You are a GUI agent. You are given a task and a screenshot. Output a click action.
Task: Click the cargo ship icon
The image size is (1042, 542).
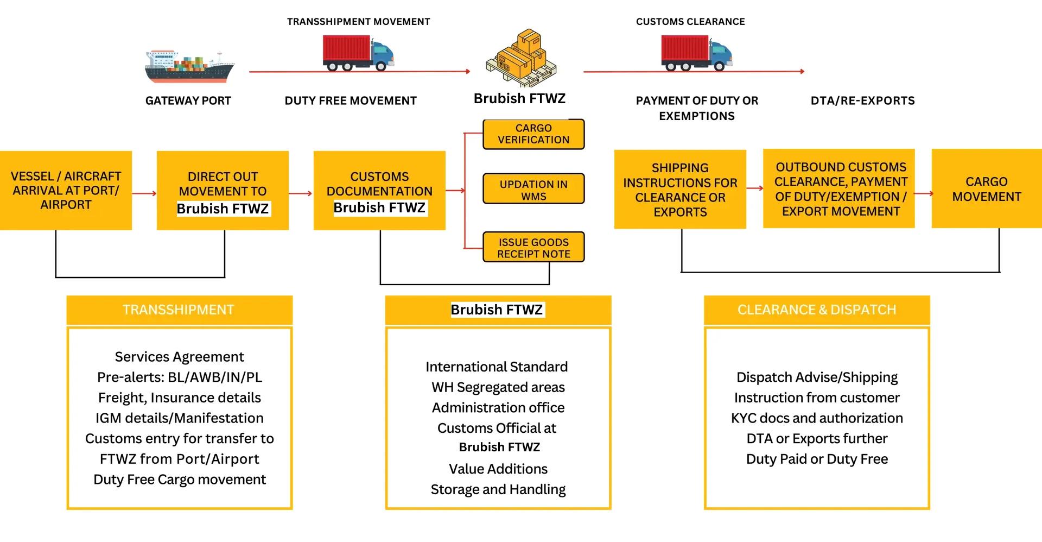click(x=189, y=66)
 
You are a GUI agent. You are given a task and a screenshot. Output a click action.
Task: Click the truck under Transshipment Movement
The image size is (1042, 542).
click(x=358, y=53)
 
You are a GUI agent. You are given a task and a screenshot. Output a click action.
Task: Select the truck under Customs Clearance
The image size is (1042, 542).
click(x=696, y=53)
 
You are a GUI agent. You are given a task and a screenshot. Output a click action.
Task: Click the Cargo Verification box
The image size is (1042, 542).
click(x=533, y=134)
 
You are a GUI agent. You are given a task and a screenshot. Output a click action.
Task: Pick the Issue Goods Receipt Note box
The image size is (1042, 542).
click(x=533, y=248)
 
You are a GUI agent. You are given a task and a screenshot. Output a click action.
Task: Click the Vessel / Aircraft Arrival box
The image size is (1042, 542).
click(x=66, y=191)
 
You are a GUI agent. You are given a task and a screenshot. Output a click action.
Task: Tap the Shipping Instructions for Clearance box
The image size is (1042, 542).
click(x=680, y=190)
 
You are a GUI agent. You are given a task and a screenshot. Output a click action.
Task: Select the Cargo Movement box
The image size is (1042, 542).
click(x=986, y=189)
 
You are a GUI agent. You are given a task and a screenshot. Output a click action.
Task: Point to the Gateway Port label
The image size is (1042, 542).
click(x=188, y=100)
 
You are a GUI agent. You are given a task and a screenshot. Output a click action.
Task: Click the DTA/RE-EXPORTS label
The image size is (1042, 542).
click(x=862, y=100)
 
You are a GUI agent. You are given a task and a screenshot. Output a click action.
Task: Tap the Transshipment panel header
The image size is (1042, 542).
click(x=179, y=310)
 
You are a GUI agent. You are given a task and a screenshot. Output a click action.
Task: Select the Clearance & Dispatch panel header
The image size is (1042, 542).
click(x=817, y=310)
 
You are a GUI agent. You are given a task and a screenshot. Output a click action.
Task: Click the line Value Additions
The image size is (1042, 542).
click(x=498, y=469)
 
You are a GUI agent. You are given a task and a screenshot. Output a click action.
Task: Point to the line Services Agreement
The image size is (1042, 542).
click(x=179, y=357)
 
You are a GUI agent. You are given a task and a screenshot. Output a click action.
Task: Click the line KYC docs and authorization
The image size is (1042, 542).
click(x=817, y=418)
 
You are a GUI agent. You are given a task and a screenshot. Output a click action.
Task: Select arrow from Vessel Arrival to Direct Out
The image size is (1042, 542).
click(x=144, y=193)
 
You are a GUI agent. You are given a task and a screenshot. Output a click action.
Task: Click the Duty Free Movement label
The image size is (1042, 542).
click(x=351, y=100)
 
